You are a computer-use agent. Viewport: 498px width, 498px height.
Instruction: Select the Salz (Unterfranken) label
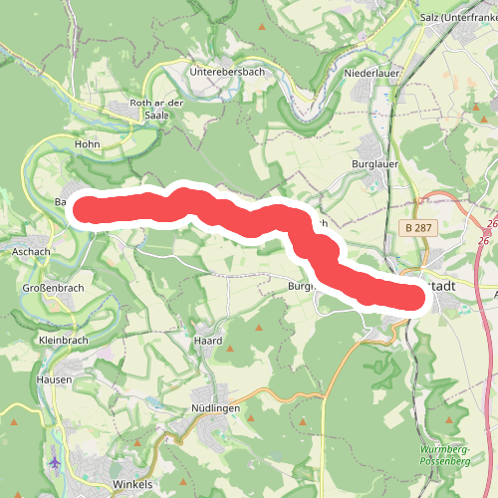(458, 17)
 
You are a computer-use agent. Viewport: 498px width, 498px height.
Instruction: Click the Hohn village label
(89, 145)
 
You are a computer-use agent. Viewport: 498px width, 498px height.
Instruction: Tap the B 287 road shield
(419, 228)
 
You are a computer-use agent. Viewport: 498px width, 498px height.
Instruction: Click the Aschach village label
(31, 252)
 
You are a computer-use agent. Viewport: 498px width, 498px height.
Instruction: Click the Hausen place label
(53, 379)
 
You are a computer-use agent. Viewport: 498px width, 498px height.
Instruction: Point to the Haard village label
(209, 341)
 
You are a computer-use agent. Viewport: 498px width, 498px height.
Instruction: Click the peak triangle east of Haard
(260, 329)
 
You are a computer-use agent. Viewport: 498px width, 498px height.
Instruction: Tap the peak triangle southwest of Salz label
(406, 45)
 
